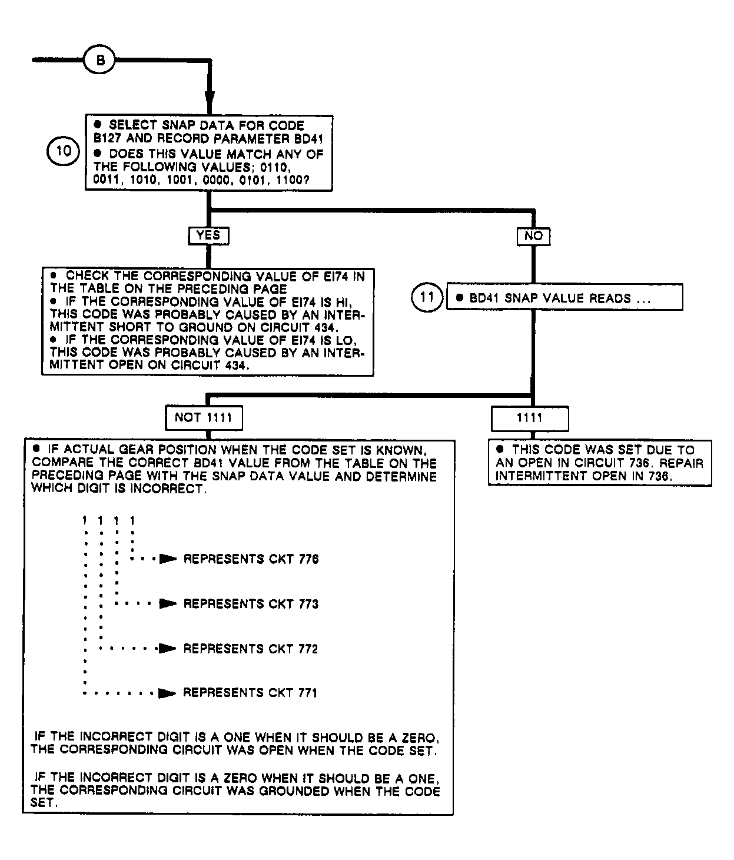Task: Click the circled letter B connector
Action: [101, 61]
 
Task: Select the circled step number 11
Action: [427, 297]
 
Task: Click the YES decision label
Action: [208, 235]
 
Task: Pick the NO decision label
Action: [533, 236]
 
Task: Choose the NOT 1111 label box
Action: [204, 419]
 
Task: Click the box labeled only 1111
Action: [530, 419]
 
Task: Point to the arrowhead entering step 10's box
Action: [209, 101]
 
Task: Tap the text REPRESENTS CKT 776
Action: [251, 559]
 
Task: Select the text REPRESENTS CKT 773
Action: [251, 604]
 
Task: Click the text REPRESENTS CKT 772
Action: [251, 649]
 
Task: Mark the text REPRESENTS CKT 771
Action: [250, 693]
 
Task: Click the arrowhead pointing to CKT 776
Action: [168, 559]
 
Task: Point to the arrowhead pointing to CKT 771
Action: [168, 693]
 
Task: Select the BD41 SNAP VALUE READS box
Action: [565, 298]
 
